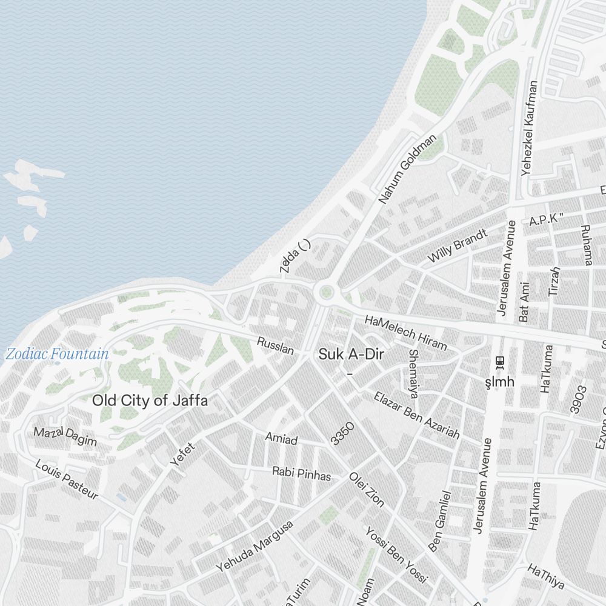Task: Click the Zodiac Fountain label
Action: tap(58, 354)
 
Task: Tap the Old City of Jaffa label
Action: tap(150, 401)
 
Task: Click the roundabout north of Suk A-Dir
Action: tap(327, 294)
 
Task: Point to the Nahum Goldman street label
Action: tap(407, 169)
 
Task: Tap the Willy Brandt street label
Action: tap(457, 245)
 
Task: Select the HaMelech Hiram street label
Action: tap(405, 332)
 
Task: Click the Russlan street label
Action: tap(276, 345)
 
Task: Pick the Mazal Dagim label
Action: tap(65, 436)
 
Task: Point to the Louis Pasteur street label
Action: tap(67, 479)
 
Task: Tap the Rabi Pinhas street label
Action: tap(301, 473)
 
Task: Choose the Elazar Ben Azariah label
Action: tap(416, 415)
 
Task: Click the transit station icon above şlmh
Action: tap(500, 362)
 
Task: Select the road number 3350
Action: tap(342, 433)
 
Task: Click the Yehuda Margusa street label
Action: tap(255, 546)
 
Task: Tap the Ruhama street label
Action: tap(586, 245)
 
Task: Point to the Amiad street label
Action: tap(281, 439)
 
